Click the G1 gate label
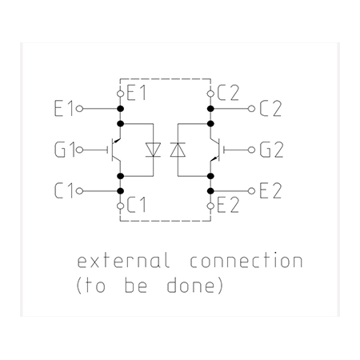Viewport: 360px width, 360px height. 63,150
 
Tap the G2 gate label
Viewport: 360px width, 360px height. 271,150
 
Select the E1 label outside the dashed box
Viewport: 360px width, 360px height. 63,109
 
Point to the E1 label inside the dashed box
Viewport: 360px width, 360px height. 136,94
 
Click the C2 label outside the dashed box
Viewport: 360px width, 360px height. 270,109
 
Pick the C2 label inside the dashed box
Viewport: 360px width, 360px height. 228,94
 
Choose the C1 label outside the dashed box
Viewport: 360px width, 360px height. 63,191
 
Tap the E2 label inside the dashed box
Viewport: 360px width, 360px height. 228,206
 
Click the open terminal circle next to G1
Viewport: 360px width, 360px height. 79,150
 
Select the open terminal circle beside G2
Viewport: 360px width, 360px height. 251,150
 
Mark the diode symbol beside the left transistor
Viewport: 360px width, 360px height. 153,150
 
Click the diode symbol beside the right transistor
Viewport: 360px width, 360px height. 178,150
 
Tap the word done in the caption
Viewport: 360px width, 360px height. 190,286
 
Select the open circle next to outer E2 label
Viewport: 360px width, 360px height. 251,191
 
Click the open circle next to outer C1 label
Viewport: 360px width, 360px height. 79,191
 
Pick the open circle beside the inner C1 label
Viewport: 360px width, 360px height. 121,206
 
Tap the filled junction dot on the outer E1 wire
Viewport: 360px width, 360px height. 121,109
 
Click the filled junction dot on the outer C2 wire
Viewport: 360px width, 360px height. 210,109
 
